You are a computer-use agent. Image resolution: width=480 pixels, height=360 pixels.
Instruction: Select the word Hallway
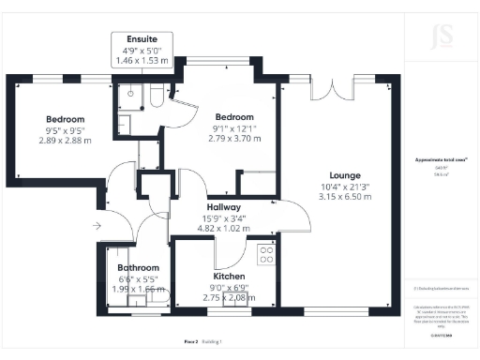point(224,207)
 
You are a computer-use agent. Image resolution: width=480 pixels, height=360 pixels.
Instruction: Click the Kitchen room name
point(229,277)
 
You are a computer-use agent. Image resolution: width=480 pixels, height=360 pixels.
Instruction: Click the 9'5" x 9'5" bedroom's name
point(66,119)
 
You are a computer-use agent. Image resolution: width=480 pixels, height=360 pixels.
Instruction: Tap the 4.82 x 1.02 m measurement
point(224,228)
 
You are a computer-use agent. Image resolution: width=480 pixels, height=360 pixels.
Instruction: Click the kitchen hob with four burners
point(266,252)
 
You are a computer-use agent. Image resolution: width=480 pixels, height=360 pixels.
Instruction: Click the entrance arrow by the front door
point(98,226)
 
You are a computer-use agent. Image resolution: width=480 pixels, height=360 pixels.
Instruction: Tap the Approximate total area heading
point(434,160)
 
